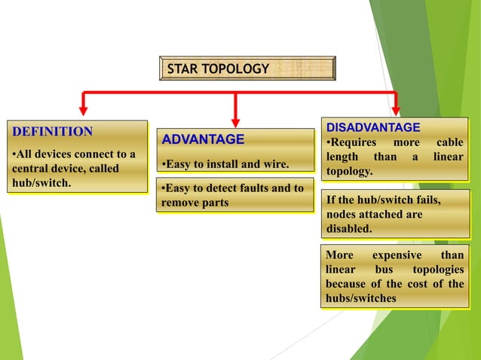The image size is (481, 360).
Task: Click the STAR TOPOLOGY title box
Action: (247, 69)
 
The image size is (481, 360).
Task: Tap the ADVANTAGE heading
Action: (204, 139)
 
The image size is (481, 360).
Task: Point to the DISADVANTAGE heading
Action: (373, 127)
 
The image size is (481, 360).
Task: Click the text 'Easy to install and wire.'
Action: (227, 163)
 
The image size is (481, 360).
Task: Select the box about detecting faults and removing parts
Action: (234, 195)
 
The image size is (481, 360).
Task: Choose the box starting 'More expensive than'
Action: (394, 276)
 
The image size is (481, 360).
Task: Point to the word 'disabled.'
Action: (349, 229)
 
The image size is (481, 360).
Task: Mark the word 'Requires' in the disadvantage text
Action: (351, 143)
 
